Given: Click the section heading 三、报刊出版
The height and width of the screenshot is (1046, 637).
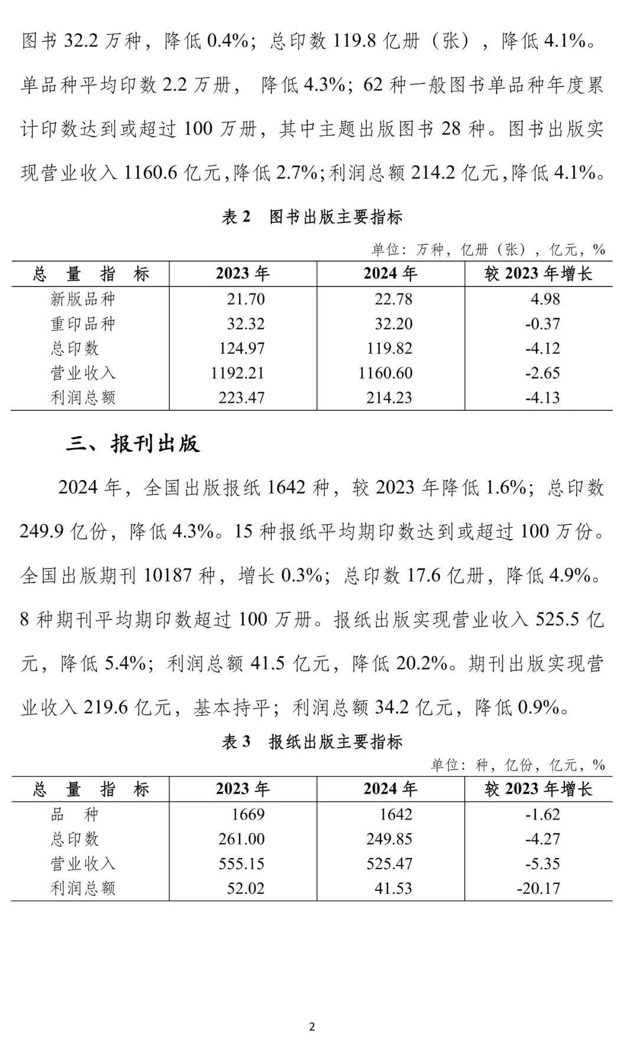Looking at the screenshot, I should (x=133, y=443).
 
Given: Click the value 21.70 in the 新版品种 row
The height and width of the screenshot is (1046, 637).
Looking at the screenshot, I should (x=246, y=299).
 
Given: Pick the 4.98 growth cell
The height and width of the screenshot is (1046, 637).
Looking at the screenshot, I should (x=545, y=299).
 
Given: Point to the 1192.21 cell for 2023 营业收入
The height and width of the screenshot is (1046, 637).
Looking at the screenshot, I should (x=237, y=373).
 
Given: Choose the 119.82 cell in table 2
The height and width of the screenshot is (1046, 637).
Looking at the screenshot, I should (x=389, y=348).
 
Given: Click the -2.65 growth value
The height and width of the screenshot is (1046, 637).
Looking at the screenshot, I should (x=543, y=373).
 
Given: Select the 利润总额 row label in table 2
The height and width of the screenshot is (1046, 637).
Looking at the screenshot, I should (x=83, y=397).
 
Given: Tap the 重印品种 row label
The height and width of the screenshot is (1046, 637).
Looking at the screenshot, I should (x=83, y=324).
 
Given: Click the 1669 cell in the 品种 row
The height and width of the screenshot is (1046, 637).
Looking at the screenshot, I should (x=248, y=814).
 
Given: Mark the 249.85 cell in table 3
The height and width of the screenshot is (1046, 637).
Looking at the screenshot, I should (x=389, y=838).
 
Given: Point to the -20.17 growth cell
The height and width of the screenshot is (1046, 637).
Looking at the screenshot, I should (x=539, y=888).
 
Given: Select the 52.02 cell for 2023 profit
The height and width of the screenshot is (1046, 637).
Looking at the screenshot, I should (x=246, y=888).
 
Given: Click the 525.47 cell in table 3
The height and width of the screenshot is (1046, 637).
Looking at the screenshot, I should (x=389, y=863).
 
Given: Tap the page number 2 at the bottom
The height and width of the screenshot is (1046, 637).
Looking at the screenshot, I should (x=312, y=1027).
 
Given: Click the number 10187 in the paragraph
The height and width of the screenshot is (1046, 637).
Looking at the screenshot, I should (x=170, y=575).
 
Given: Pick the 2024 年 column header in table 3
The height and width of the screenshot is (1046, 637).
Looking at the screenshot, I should (x=390, y=789).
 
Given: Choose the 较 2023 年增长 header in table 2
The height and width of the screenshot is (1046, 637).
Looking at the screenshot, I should (x=538, y=274).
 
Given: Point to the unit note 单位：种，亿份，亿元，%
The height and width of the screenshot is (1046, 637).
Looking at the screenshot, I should (x=518, y=765).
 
